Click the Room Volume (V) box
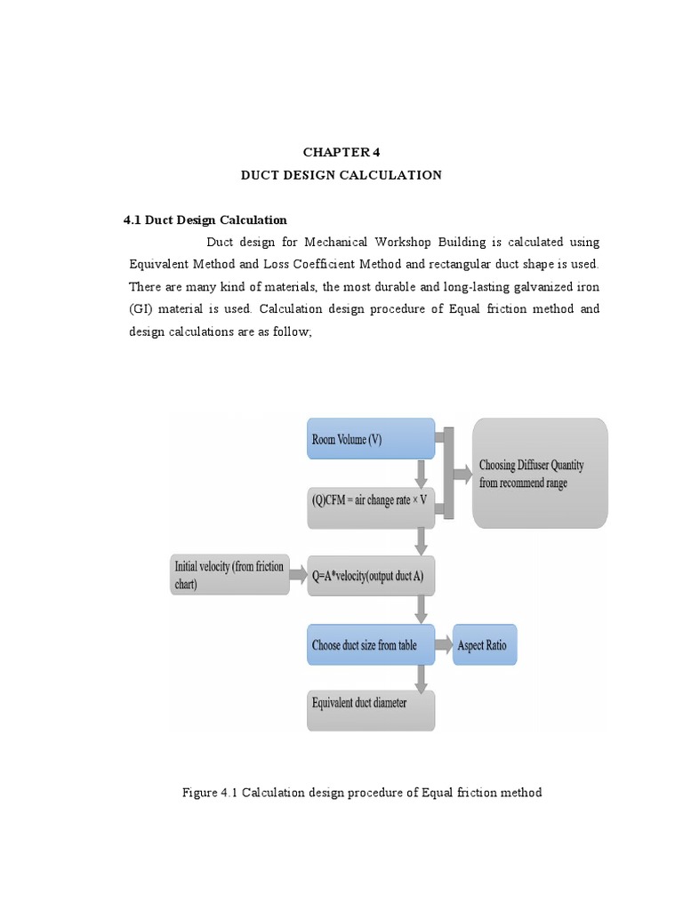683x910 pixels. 371,439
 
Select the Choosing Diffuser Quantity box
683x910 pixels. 540,474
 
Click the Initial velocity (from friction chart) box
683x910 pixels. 229,575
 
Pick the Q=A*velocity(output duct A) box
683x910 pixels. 371,576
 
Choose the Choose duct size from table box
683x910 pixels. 371,644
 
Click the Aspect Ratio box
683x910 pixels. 485,644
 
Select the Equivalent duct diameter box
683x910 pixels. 371,709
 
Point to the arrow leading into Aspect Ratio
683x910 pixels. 444,644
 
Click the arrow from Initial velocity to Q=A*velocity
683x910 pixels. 298,575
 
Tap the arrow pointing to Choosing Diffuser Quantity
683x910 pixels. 462,474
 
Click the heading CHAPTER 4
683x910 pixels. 341,152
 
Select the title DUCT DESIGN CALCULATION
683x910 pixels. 341,175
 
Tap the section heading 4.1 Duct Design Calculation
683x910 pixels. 205,220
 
